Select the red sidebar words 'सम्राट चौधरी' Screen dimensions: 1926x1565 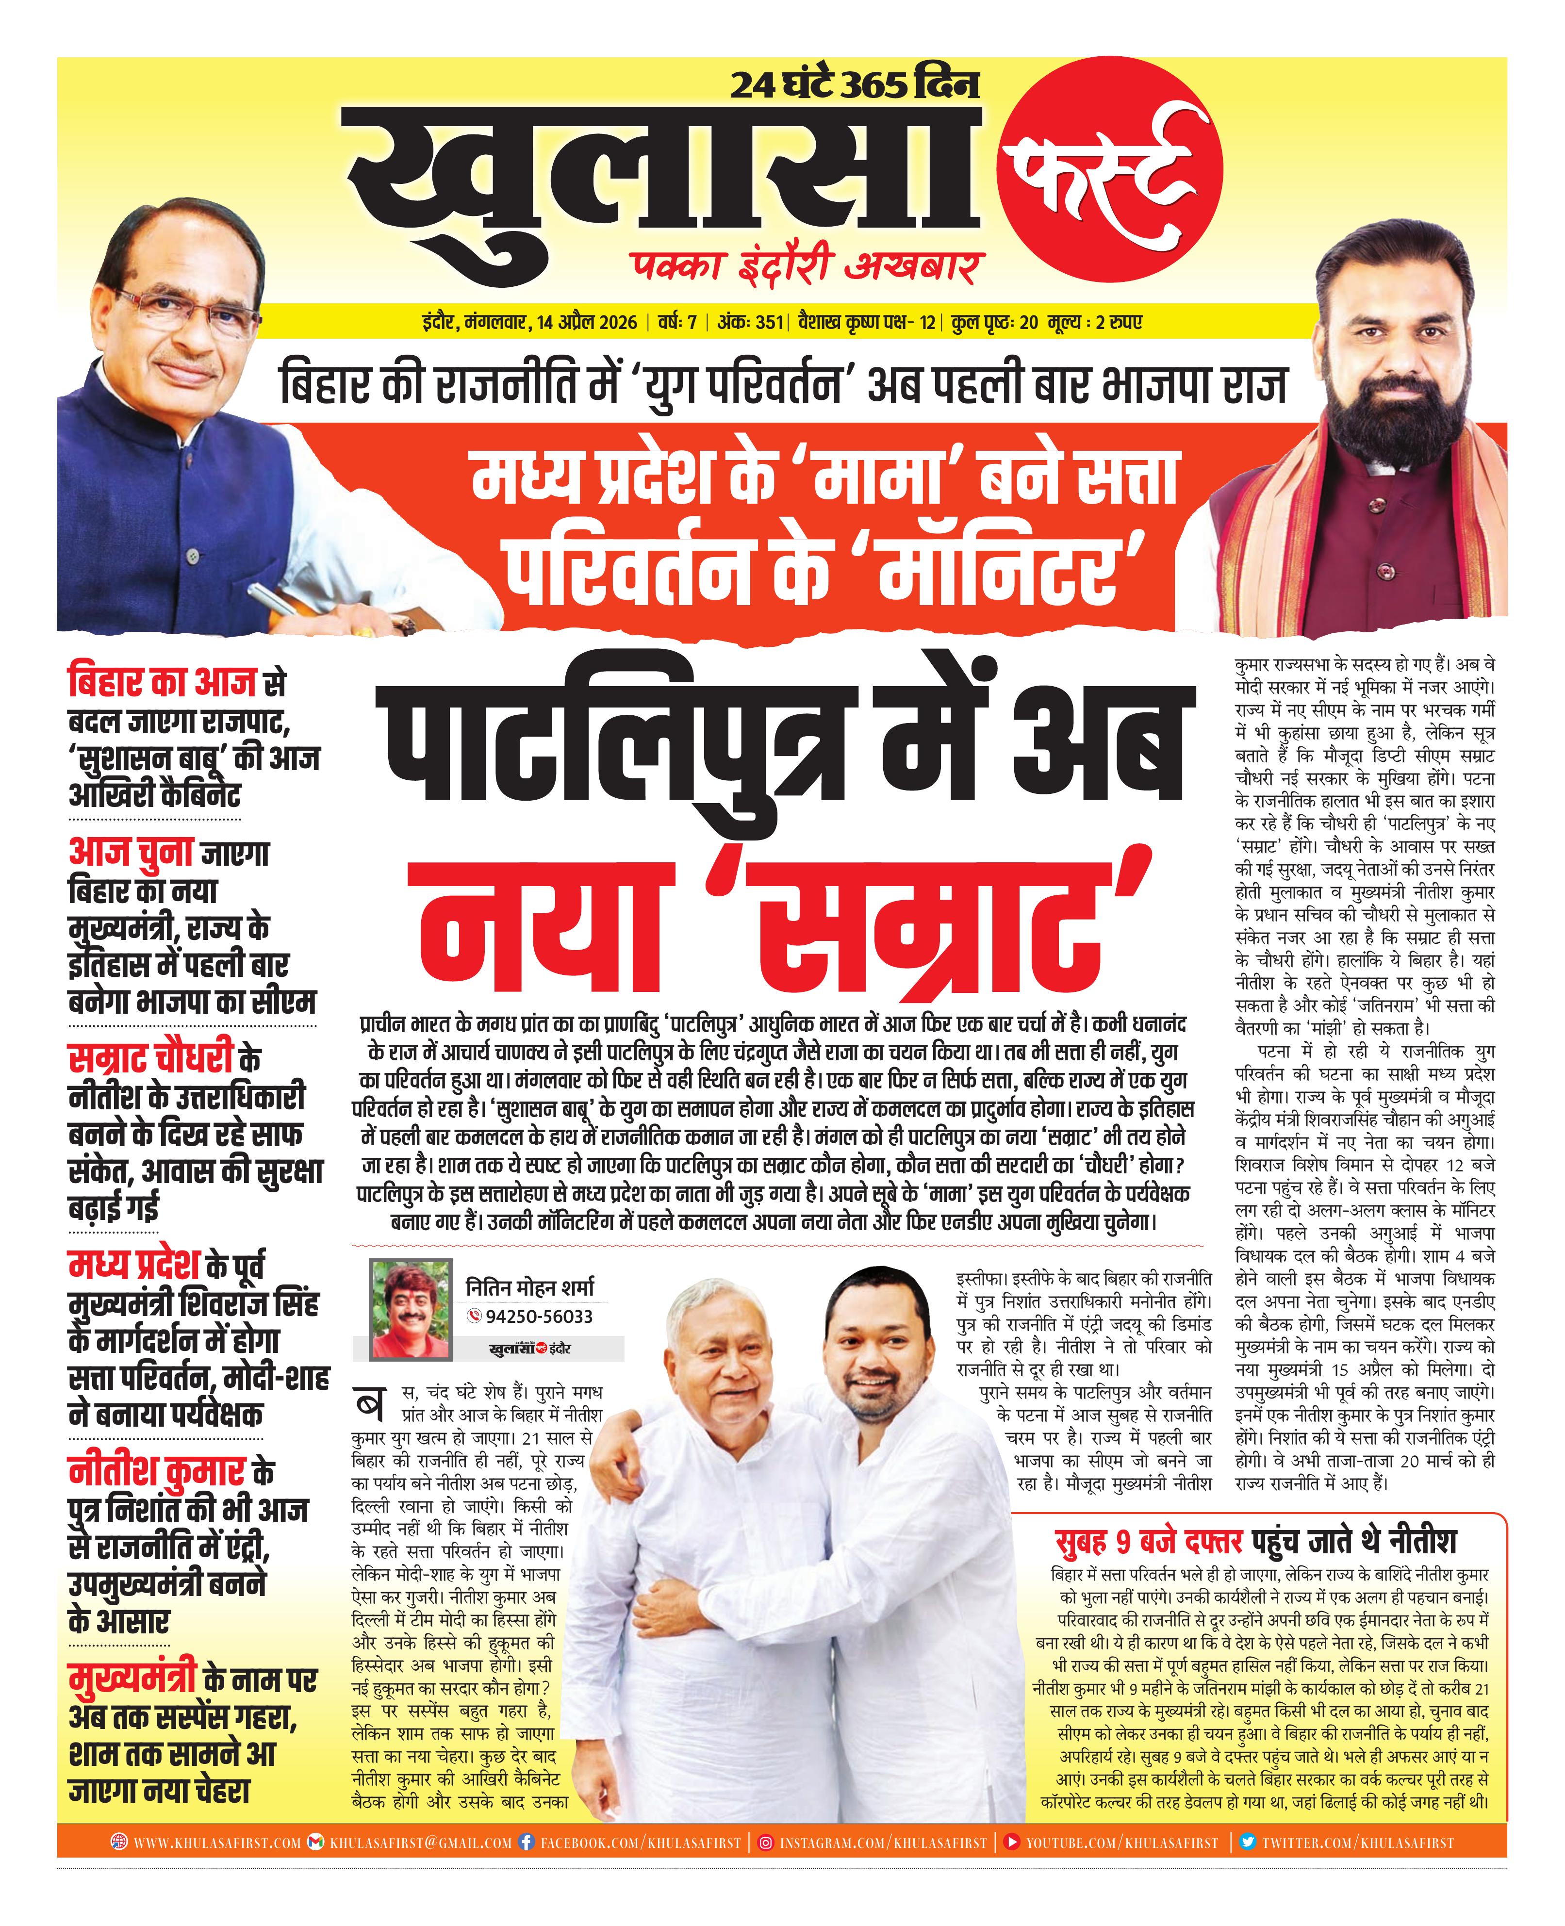(151, 1058)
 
